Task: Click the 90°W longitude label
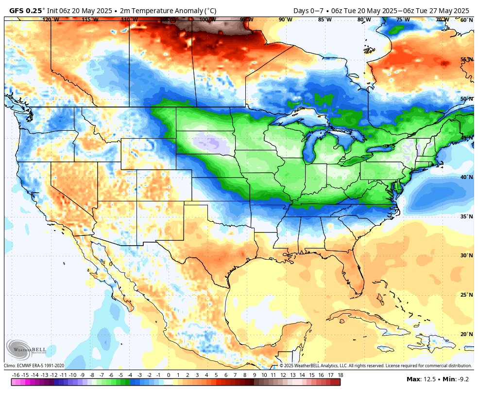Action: [285, 20]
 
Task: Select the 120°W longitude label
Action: [51, 20]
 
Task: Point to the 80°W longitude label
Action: [364, 20]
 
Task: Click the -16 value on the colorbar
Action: [16, 375]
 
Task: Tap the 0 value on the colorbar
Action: [169, 375]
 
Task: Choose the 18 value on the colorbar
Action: [340, 375]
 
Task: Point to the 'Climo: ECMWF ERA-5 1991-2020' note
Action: [34, 366]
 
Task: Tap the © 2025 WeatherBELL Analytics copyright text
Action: [375, 366]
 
